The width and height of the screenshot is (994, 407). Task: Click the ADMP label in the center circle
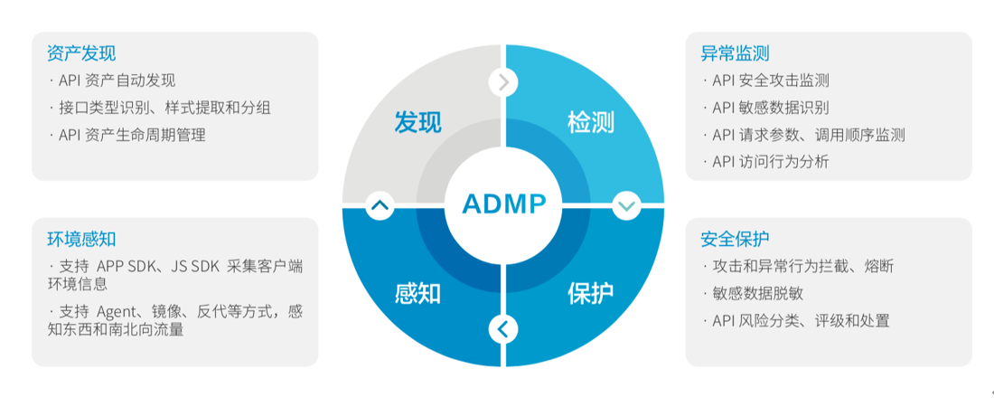504,203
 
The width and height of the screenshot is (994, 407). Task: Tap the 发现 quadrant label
417,121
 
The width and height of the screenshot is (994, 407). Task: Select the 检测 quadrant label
591,121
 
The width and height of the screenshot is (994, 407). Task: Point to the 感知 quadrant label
417,293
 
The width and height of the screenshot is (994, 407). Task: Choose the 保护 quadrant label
591,293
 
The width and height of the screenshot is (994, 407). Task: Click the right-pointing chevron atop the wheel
504,82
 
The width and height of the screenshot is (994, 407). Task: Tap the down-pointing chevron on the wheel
627,205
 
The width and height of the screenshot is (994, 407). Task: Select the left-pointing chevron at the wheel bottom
504,329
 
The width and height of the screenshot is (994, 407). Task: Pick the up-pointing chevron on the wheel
380,205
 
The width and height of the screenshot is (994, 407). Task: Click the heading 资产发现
81,53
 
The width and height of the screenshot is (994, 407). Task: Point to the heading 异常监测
735,53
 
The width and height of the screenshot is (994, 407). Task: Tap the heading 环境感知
81,239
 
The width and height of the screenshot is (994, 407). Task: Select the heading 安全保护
735,239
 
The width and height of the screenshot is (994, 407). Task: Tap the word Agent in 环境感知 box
114,312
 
